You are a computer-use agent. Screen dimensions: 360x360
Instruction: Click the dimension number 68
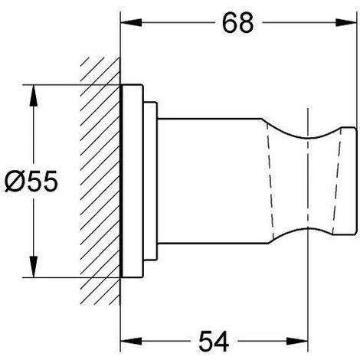[237, 23]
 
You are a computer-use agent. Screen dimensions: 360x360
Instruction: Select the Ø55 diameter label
[31, 181]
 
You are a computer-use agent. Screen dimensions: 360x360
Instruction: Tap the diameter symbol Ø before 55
[15, 181]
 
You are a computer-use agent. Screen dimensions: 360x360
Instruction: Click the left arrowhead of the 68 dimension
[131, 22]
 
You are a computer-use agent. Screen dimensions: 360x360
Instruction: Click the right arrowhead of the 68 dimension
[345, 22]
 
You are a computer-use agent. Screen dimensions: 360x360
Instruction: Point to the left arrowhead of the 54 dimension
[131, 341]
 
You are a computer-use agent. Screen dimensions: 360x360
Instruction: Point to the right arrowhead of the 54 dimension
[298, 341]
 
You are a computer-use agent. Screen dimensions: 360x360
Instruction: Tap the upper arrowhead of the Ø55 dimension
[34, 96]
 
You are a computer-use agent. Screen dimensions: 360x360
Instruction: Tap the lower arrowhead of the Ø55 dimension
[34, 267]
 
